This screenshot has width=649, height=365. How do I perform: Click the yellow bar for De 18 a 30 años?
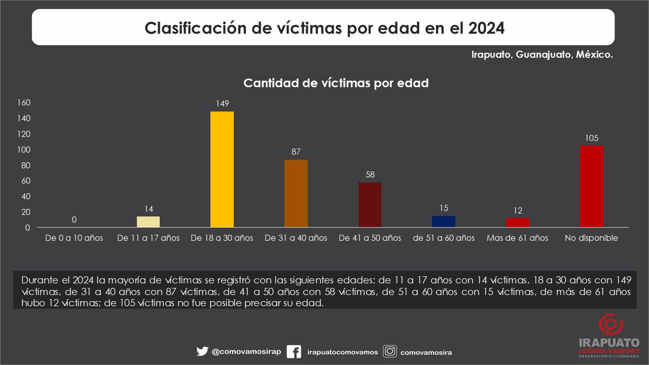222,169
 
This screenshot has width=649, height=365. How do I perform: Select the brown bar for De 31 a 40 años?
296,194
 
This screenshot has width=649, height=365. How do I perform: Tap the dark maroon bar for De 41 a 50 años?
370,205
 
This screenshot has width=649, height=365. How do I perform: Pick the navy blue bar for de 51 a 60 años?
444,222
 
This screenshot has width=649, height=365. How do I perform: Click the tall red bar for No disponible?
592,187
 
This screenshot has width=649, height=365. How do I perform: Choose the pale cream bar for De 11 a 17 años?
148,222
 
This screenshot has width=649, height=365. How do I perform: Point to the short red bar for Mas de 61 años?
518,223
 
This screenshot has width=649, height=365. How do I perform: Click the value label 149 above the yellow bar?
222,104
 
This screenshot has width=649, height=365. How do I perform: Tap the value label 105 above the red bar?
592,138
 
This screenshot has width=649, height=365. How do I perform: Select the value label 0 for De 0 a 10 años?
74,220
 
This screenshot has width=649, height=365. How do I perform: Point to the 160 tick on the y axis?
24,102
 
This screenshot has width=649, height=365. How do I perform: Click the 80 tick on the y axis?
26,165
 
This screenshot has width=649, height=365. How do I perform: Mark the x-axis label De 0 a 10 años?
74,238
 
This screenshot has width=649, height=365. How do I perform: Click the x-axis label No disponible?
591,238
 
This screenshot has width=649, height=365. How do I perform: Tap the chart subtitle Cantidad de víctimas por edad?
336,83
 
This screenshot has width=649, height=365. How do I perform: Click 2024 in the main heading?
486,28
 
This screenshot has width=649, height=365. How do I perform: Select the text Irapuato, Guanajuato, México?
542,54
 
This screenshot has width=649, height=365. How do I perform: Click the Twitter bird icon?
202,351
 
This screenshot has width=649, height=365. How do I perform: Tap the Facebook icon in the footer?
294,352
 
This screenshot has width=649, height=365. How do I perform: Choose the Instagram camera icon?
390,351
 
